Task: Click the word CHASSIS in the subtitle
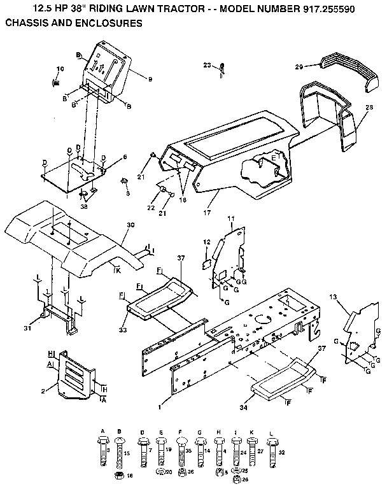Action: click(27, 23)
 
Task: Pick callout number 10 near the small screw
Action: click(60, 69)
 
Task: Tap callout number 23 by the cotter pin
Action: click(207, 65)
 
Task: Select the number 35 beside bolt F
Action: click(188, 450)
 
